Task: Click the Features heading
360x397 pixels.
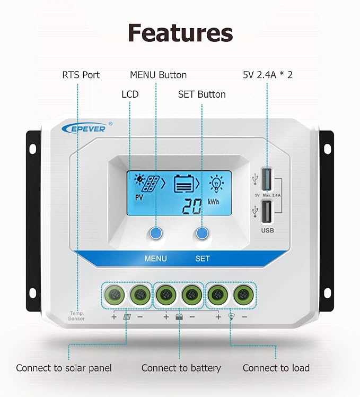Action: point(180,33)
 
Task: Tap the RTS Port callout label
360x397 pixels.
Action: point(81,75)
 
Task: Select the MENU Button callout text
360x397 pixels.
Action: point(159,75)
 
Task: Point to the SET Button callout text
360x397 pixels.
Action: point(202,94)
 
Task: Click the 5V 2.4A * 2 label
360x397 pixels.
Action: point(268,75)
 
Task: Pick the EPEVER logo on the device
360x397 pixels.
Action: point(84,128)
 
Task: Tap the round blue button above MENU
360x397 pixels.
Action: point(155,233)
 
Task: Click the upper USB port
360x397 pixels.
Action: point(267,179)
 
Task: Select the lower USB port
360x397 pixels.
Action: point(267,212)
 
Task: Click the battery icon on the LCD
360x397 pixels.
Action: point(184,184)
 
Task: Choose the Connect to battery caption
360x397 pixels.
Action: point(181,368)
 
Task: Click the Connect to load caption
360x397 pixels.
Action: point(276,368)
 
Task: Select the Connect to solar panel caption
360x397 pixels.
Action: point(64,368)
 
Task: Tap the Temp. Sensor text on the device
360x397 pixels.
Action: point(76,316)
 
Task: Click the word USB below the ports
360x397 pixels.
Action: point(267,230)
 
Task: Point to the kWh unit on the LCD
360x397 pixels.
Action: point(214,202)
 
